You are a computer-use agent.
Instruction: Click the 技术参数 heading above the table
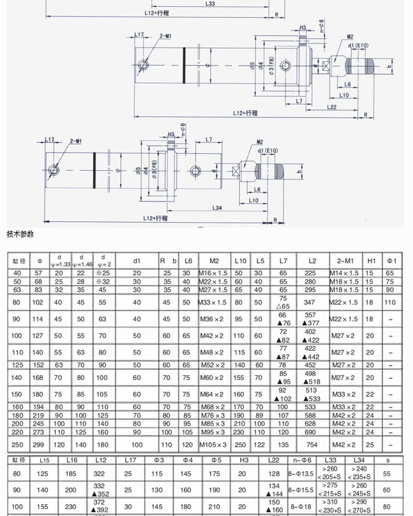coord(20,234)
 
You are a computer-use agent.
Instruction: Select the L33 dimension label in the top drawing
coord(210,4)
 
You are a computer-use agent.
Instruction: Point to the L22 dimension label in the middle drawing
coord(331,107)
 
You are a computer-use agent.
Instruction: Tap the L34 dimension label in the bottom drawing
coord(217,208)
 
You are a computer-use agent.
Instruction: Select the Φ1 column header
coord(391,261)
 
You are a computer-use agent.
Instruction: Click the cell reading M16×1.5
coord(212,272)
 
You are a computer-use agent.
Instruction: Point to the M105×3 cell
coord(212,445)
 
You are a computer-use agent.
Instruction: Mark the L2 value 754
coord(312,445)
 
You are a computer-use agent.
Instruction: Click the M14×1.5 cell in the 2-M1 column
coord(344,272)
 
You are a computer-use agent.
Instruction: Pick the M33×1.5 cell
coord(212,302)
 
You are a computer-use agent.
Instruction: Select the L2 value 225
coord(312,272)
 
